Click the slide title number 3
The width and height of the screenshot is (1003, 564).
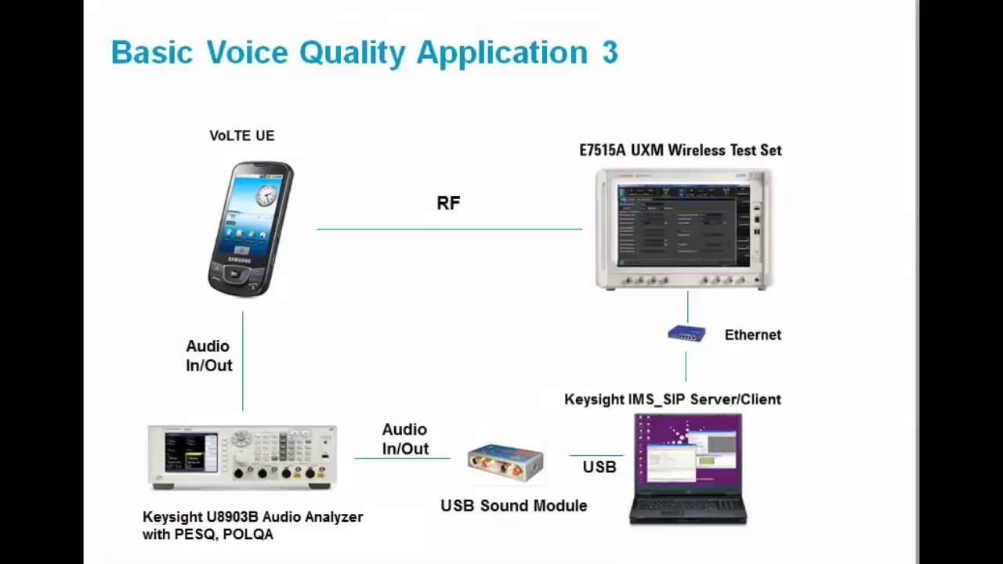point(610,52)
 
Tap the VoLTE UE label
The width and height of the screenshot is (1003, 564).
point(241,136)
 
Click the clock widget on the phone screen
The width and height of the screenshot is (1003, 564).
point(266,195)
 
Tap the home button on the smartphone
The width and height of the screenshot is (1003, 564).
point(234,274)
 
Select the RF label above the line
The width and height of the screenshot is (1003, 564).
point(448,204)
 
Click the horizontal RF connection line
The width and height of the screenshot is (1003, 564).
point(449,229)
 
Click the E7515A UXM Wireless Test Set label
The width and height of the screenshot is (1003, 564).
point(680,150)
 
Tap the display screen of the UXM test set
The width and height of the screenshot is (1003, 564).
point(682,226)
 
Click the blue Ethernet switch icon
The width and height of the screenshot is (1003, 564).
point(686,334)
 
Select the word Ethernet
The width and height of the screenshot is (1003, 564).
point(752,335)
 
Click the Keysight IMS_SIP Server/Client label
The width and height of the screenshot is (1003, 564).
point(672,399)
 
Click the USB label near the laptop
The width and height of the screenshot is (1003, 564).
point(599,468)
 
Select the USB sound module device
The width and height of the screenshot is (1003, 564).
point(505,462)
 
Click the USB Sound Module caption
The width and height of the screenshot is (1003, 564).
point(513,506)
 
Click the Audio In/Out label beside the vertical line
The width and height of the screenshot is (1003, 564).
point(208,356)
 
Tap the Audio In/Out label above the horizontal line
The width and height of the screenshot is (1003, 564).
point(405,439)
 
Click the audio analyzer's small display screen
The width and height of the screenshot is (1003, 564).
point(185,453)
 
